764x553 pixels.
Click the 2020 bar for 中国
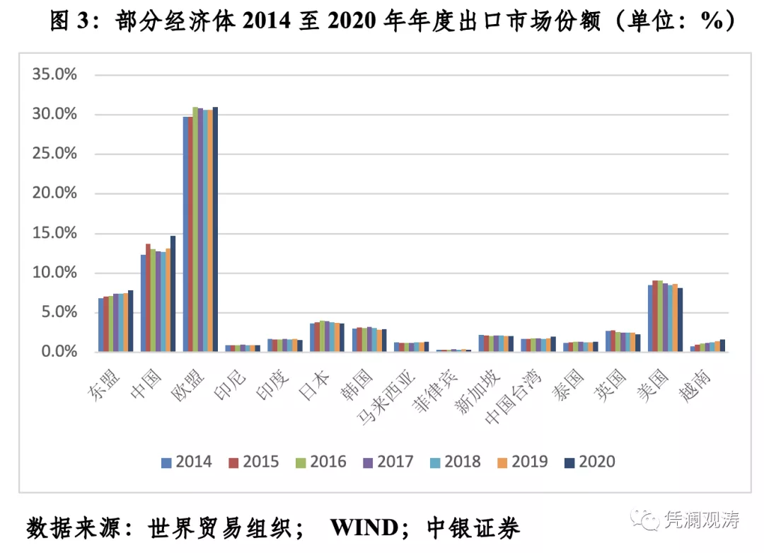(x=173, y=294)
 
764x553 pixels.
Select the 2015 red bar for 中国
(x=148, y=297)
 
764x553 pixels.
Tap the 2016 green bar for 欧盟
(x=195, y=229)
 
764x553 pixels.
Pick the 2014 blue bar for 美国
(x=650, y=319)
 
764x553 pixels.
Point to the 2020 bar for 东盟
(x=130, y=321)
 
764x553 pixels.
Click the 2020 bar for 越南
(x=722, y=346)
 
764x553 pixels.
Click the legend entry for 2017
(x=388, y=462)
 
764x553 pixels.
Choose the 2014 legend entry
(x=186, y=462)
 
